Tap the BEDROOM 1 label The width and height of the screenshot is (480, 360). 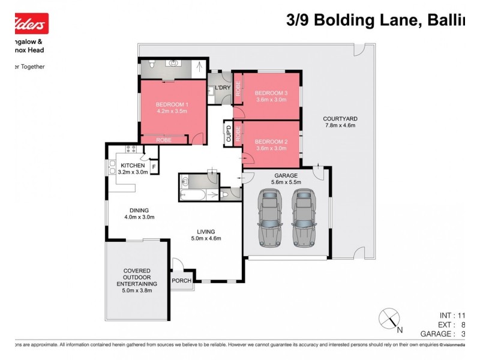point(172,104)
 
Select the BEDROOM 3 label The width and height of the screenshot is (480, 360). point(271,93)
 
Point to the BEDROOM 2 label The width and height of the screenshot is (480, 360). point(271,142)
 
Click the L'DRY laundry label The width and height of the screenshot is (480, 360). point(222,88)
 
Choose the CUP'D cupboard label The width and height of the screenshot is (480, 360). point(228,134)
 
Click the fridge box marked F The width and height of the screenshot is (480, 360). point(154,167)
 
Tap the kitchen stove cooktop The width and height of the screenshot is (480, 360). point(131,148)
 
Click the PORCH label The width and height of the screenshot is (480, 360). point(182,281)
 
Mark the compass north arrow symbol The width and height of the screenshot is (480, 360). point(389,317)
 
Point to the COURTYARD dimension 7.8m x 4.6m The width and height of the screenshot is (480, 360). point(340,126)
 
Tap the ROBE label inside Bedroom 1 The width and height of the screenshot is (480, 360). point(163,140)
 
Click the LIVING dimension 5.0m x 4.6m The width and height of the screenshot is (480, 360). point(206,238)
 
